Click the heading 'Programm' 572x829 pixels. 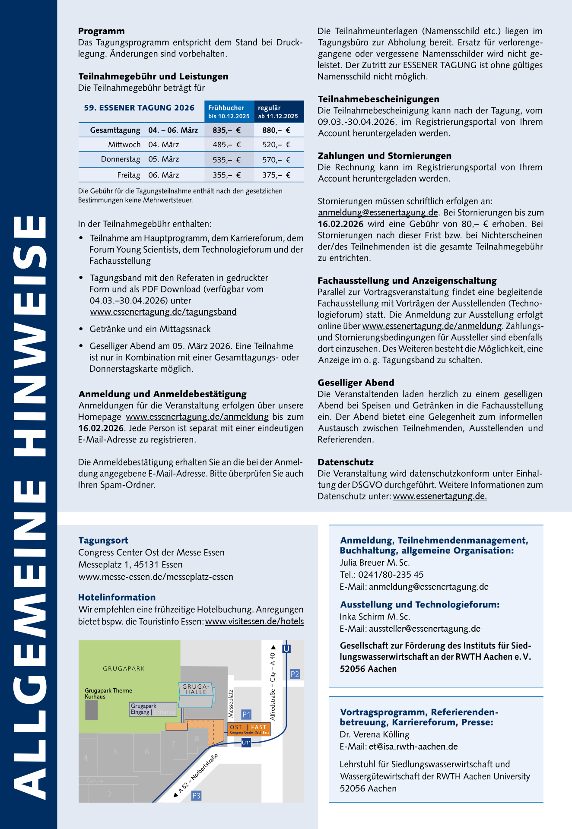click(x=101, y=31)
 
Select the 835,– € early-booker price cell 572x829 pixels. click(x=226, y=130)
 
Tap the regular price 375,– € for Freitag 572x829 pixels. click(x=276, y=175)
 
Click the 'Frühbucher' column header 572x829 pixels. click(x=226, y=108)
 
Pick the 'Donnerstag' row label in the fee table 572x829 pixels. click(x=121, y=159)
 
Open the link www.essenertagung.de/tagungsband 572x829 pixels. click(x=163, y=312)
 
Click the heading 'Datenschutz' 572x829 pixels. click(x=345, y=462)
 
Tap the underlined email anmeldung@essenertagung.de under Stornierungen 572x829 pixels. click(x=378, y=212)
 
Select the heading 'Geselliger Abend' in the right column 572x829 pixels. click(x=356, y=383)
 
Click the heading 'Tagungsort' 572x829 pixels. click(x=103, y=540)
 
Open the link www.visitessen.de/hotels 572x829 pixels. click(x=254, y=621)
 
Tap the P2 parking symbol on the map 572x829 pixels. click(x=295, y=674)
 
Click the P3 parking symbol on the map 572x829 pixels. click(x=196, y=795)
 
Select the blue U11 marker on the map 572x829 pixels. click(x=246, y=743)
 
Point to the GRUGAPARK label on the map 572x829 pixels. click(x=124, y=668)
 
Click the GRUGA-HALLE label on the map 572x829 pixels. click(x=196, y=689)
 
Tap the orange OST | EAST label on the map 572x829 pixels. click(x=249, y=728)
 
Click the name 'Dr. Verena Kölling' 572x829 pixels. click(x=374, y=734)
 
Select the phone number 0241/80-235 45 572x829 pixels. click(x=391, y=574)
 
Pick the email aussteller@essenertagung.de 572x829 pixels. click(x=424, y=629)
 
